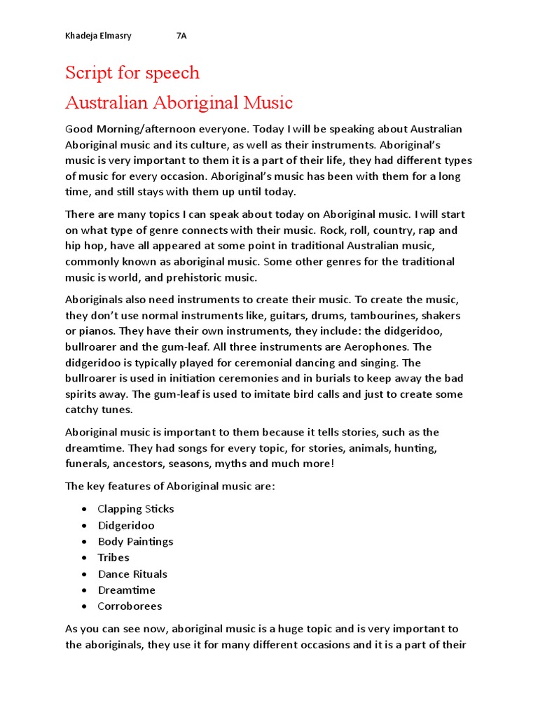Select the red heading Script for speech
(132, 73)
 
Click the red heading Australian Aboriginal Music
(179, 103)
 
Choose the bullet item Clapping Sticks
(136, 509)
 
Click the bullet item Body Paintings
(135, 541)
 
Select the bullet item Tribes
(113, 557)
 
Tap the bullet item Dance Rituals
(132, 574)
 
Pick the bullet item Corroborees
(130, 606)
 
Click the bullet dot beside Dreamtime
(84, 590)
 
